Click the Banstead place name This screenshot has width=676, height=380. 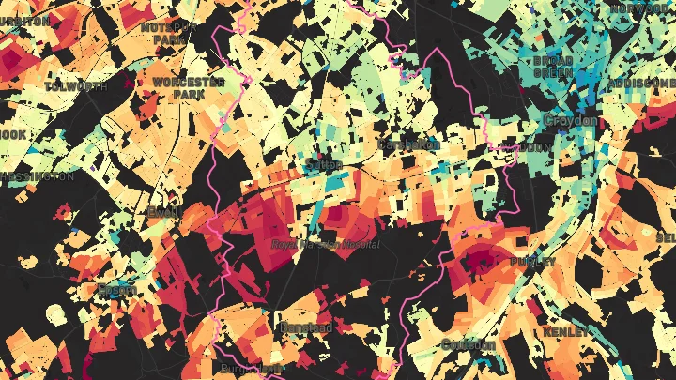point(305,327)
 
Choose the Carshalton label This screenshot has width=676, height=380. point(409,145)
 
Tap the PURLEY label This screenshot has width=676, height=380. point(534,263)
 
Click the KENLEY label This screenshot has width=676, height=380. point(567,332)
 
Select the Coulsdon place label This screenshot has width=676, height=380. point(468,344)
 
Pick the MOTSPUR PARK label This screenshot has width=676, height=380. point(169,34)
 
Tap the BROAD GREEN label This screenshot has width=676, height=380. point(552,66)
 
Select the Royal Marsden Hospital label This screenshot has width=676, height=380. point(325,244)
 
